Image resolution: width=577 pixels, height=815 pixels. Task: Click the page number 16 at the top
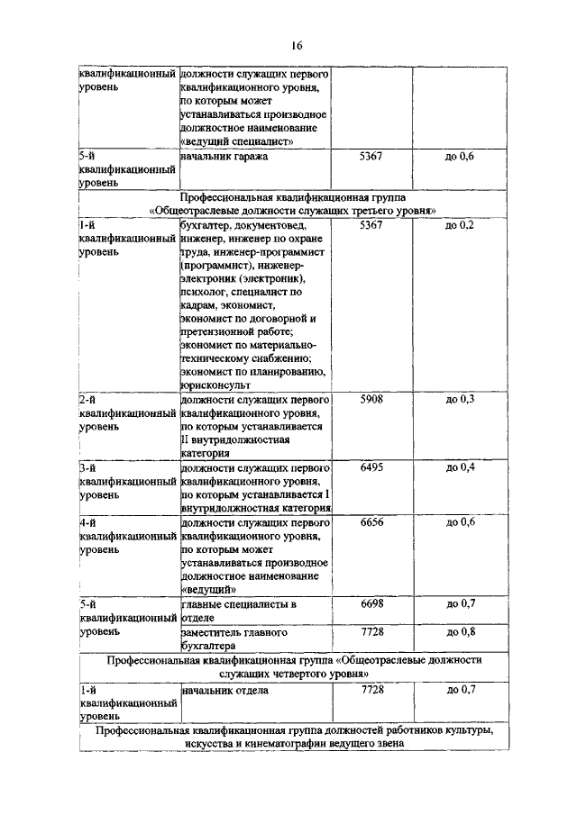[x=297, y=46]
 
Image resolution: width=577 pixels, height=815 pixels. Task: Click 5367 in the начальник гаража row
[x=371, y=157]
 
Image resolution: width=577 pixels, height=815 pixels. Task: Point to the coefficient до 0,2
[x=460, y=225]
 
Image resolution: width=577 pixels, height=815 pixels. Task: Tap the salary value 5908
[x=371, y=398]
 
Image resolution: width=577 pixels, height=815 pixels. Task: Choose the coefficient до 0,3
[x=460, y=398]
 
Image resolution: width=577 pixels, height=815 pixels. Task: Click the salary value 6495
[x=371, y=468]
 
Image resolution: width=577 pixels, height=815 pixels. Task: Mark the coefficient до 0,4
[x=460, y=468]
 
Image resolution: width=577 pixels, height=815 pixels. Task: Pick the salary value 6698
[x=371, y=603]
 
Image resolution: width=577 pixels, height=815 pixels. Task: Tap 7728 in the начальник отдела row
[x=371, y=690]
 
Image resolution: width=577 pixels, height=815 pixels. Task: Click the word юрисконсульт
[x=216, y=384]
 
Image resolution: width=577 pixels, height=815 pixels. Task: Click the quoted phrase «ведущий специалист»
[x=238, y=140]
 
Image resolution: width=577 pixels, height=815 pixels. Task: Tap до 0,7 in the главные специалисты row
[x=460, y=603]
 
